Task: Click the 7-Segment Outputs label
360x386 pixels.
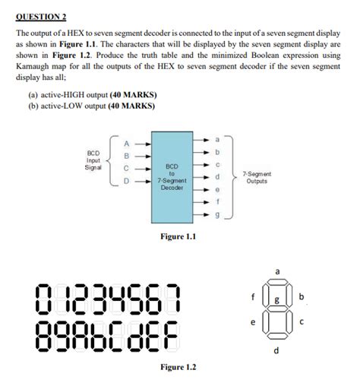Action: pos(256,178)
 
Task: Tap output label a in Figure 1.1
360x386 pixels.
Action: pos(217,140)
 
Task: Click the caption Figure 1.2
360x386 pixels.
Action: pos(178,368)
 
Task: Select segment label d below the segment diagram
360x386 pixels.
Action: pos(276,350)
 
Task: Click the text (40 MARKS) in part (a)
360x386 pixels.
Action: pos(134,94)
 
